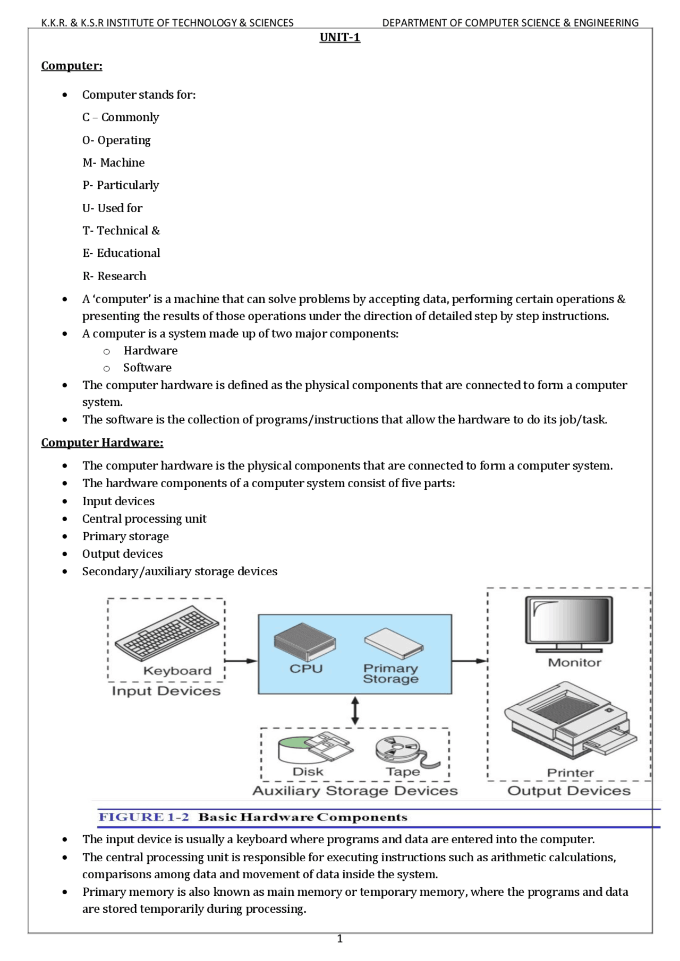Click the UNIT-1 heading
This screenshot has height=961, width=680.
340,37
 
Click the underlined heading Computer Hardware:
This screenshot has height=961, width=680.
102,443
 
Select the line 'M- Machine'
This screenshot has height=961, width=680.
113,162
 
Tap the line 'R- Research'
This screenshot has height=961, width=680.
114,276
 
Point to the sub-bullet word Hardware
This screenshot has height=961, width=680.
150,351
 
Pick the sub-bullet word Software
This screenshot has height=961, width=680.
147,368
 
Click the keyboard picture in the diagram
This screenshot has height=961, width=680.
166,634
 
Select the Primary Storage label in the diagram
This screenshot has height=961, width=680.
390,673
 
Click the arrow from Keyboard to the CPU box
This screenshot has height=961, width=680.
241,661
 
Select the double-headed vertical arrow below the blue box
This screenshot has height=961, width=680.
355,711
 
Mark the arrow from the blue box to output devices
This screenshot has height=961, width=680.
470,661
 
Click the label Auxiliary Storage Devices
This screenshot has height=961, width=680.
355,791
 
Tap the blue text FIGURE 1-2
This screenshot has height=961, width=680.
143,817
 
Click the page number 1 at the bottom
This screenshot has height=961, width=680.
340,939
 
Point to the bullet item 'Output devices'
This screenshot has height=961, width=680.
122,554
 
